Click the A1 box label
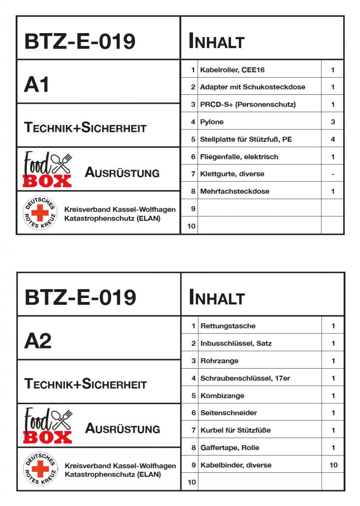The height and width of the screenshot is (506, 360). tap(37, 85)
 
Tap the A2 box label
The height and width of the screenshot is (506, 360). tap(38, 341)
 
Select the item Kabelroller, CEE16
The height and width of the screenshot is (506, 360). tap(229, 70)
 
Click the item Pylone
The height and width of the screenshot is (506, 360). tap(211, 122)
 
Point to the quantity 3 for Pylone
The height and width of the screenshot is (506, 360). tap(333, 122)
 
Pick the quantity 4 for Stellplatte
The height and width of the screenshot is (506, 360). tap(333, 139)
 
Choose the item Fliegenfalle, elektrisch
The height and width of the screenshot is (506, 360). tap(239, 157)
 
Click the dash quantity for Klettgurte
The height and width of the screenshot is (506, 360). tap(333, 174)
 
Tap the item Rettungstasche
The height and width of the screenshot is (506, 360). tap(228, 326)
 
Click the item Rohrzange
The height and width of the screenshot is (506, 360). tap(219, 361)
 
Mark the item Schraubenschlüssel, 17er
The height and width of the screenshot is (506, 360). tap(245, 379)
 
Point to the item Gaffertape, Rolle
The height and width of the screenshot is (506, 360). tap(230, 448)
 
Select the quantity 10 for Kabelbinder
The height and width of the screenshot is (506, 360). tap(333, 465)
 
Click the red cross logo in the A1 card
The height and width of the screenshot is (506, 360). tap(40, 213)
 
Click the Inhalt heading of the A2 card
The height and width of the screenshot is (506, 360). tap(216, 298)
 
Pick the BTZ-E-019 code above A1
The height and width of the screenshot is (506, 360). tap(80, 42)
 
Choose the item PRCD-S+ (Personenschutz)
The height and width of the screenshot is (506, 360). tap(247, 105)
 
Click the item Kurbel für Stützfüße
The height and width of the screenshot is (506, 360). tap(235, 430)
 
